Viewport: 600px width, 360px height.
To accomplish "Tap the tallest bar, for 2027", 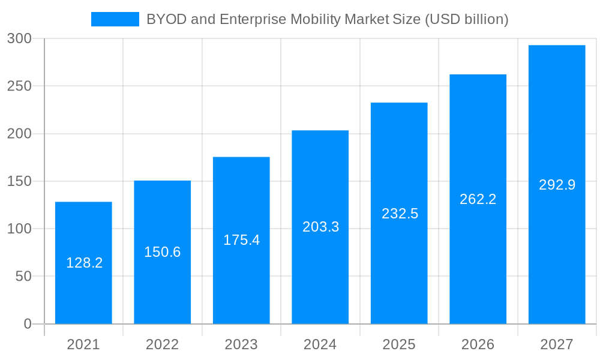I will pyautogui.click(x=557, y=120).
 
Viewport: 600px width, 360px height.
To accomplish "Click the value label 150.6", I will pyautogui.click(x=162, y=252).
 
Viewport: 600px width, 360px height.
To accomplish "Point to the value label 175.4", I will pyautogui.click(x=241, y=240).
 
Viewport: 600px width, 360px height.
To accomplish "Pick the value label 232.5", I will pyautogui.click(x=400, y=214).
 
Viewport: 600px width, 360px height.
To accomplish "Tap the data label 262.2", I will pyautogui.click(x=478, y=199).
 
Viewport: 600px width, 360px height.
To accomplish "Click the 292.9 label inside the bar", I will pyautogui.click(x=557, y=185).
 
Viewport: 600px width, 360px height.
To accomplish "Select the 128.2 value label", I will pyautogui.click(x=84, y=263).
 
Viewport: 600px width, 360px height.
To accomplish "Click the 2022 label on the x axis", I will pyautogui.click(x=162, y=345).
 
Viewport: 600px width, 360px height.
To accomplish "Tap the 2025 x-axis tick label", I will pyautogui.click(x=399, y=345).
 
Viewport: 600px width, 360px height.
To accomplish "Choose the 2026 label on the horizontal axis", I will pyautogui.click(x=478, y=345).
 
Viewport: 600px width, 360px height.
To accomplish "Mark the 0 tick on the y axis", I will pyautogui.click(x=28, y=324).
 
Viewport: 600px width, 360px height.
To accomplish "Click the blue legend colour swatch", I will pyautogui.click(x=115, y=20).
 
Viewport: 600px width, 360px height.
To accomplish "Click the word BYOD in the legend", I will pyautogui.click(x=166, y=20).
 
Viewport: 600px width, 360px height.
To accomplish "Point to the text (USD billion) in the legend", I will pyautogui.click(x=466, y=20).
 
